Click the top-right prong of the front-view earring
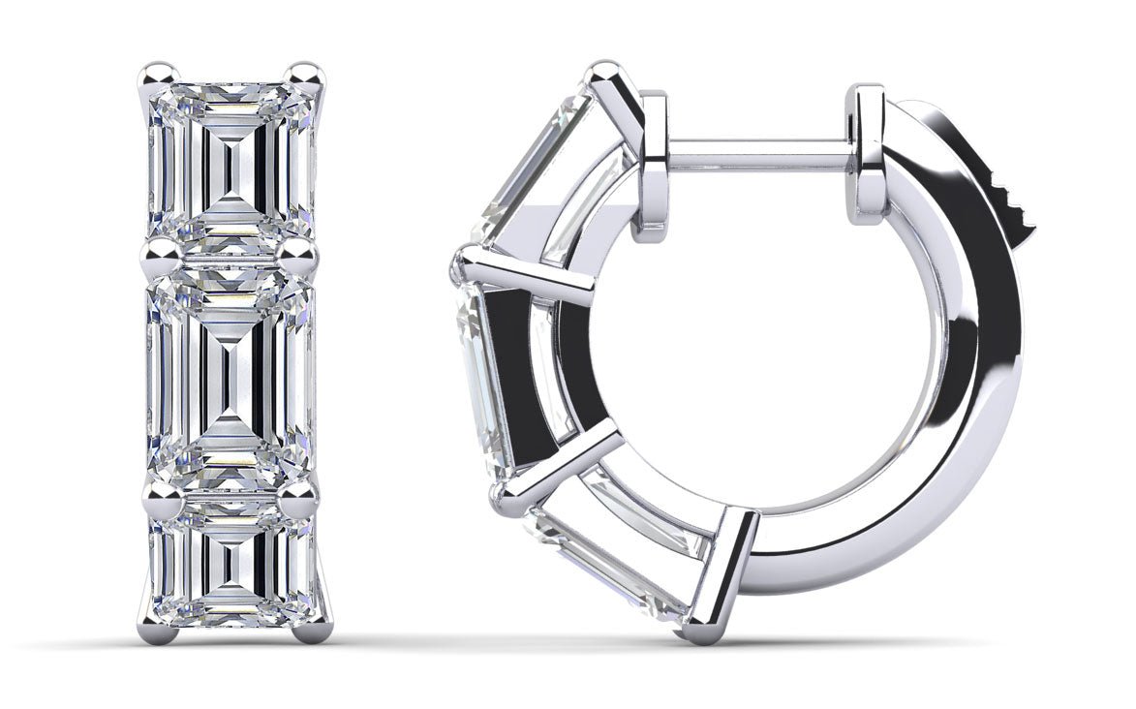click(306, 74)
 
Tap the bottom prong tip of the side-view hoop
click(699, 632)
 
